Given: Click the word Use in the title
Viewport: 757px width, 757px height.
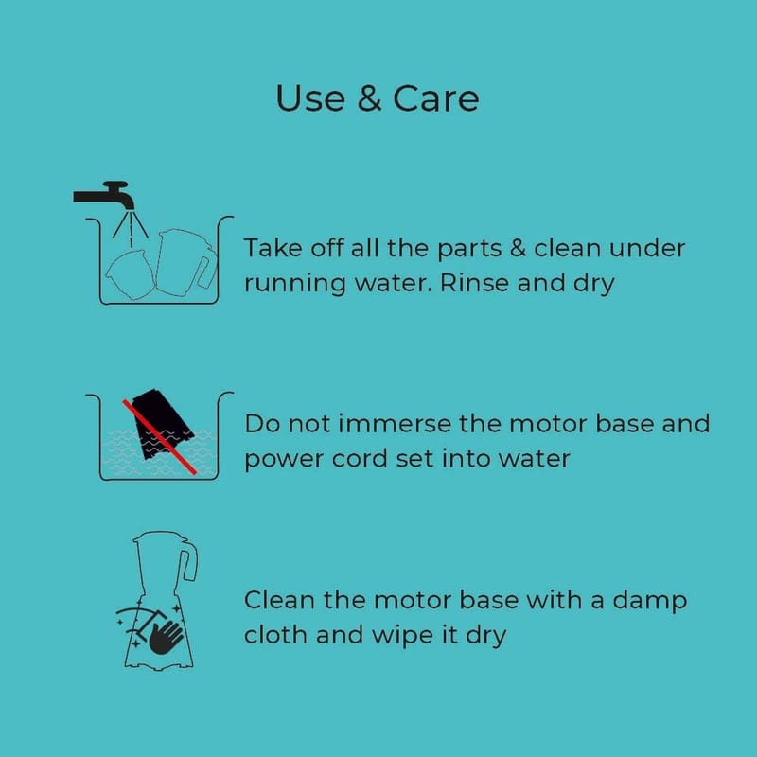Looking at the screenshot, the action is coord(310,98).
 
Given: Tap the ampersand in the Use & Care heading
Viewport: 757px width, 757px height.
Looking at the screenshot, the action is coord(369,98).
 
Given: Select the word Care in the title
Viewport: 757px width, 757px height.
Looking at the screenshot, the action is coord(435,98).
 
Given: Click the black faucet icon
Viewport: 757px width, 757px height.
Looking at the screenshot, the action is coord(104,195).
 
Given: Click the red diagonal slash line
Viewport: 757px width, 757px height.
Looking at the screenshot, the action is coord(159,437).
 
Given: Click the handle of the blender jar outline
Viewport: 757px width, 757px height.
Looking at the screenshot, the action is coord(188,563).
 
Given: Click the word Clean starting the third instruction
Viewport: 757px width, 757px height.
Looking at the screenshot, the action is coord(279,600).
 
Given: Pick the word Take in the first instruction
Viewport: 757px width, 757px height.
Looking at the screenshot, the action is coord(273,248).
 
